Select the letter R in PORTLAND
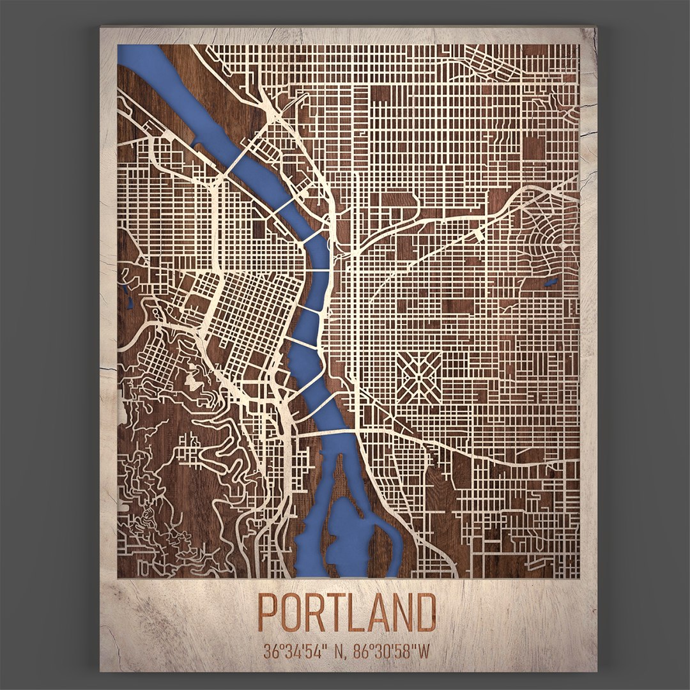point(316,612)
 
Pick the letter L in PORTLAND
point(358,612)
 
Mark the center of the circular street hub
point(560,244)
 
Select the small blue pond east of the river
point(548,280)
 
